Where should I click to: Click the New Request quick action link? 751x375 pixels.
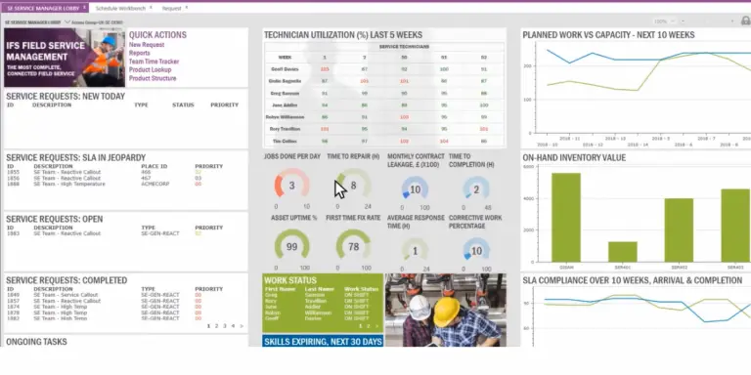click(147, 45)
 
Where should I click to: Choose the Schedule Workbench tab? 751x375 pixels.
click(118, 7)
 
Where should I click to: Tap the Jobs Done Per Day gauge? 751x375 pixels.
click(290, 186)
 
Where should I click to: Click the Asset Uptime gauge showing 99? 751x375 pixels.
click(290, 246)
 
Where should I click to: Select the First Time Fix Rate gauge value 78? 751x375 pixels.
click(353, 246)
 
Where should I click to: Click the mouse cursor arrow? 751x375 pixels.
click(339, 187)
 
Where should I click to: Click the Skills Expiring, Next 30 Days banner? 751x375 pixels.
click(322, 341)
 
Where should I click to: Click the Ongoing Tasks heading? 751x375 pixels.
click(38, 342)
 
